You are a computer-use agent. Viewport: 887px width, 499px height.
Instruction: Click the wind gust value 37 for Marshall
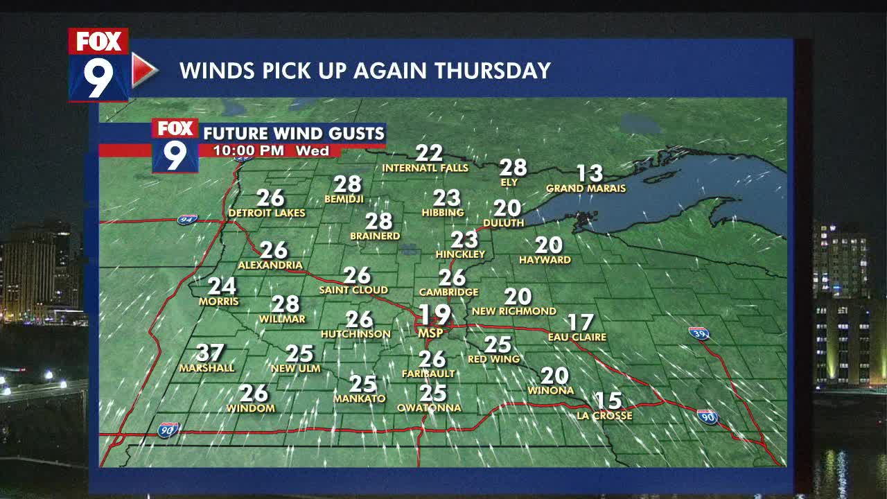coord(209,353)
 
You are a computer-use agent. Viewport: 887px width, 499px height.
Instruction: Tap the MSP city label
coord(430,333)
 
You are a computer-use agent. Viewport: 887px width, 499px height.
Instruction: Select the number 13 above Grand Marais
coord(590,173)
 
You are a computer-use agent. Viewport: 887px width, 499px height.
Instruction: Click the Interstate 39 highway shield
coord(699,333)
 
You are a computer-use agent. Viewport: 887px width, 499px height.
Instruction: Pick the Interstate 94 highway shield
coord(186,219)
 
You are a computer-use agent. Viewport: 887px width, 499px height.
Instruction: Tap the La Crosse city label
coord(604,416)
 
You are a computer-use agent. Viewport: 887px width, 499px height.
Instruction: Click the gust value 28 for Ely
coord(513,168)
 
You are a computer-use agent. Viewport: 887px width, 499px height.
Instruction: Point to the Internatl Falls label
coord(425,168)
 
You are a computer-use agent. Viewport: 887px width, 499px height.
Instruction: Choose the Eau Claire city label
coord(577,337)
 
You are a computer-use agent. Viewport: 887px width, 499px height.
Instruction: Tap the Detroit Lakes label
coord(267,213)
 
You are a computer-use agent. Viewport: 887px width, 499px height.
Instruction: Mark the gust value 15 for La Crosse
coord(608,401)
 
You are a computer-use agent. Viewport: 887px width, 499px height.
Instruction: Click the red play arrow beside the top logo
coord(143,70)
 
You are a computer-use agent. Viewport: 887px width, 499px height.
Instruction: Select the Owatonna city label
coord(429,408)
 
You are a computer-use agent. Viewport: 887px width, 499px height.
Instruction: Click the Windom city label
coord(251,408)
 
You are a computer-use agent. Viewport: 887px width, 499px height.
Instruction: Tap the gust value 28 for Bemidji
coord(347,184)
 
